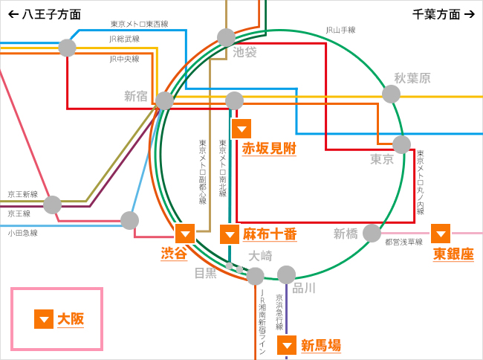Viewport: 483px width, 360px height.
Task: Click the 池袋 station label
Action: pyautogui.click(x=244, y=52)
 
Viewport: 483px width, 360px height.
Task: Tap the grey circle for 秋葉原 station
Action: pyautogui.click(x=391, y=94)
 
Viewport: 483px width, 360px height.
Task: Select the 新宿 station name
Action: pyautogui.click(x=136, y=96)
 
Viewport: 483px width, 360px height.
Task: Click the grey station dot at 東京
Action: pyautogui.click(x=401, y=144)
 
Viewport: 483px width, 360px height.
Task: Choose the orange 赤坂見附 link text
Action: pyautogui.click(x=269, y=148)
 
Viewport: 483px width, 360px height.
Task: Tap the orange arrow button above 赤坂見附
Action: pyautogui.click(x=241, y=128)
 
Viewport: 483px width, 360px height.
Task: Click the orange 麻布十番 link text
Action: pyautogui.click(x=270, y=234)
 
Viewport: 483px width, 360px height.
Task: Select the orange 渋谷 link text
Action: pyautogui.click(x=174, y=253)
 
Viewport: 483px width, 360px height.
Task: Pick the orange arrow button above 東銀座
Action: pyautogui.click(x=441, y=234)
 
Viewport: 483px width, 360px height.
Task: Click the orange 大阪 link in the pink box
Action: pyautogui.click(x=71, y=319)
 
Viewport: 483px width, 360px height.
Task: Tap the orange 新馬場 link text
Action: pyautogui.click(x=321, y=345)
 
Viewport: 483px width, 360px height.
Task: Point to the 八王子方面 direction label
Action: pyautogui.click(x=45, y=14)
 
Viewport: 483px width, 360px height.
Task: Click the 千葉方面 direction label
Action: pyautogui.click(x=443, y=14)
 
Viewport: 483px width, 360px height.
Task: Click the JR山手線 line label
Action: pyautogui.click(x=340, y=30)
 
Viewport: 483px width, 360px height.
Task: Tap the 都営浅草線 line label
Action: pyautogui.click(x=403, y=242)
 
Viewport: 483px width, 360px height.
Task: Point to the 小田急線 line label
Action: pyautogui.click(x=22, y=233)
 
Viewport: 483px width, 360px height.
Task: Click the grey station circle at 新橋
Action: pyautogui.click(x=372, y=234)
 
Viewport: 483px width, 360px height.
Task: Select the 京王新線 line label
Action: pyautogui.click(x=22, y=194)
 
